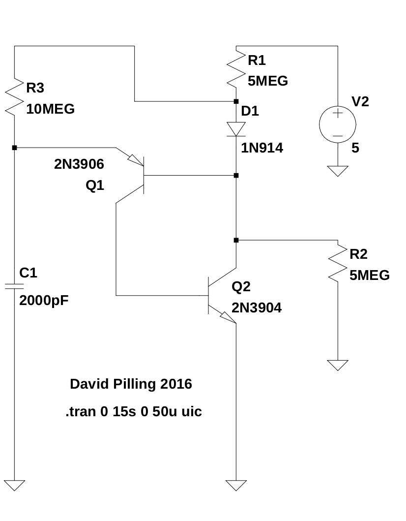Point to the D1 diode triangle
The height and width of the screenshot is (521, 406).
[x=236, y=129]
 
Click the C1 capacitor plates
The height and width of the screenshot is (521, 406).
[x=14, y=286]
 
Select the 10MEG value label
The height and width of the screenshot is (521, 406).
[x=50, y=109]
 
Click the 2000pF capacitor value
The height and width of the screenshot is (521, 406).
[x=44, y=301]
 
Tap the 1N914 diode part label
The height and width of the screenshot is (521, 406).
[x=262, y=148]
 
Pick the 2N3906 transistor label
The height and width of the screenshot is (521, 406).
[x=79, y=164]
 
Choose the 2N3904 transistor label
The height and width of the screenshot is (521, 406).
[x=257, y=308]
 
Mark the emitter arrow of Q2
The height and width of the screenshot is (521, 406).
[x=228, y=317]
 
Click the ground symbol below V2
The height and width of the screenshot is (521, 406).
[x=338, y=171]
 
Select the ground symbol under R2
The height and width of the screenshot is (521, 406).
[x=338, y=365]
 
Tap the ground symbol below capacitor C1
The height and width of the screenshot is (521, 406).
[x=14, y=486]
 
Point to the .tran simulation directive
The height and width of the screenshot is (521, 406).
[x=133, y=412]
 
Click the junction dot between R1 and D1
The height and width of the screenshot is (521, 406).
[x=236, y=101]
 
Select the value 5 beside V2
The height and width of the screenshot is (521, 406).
[x=355, y=148]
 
